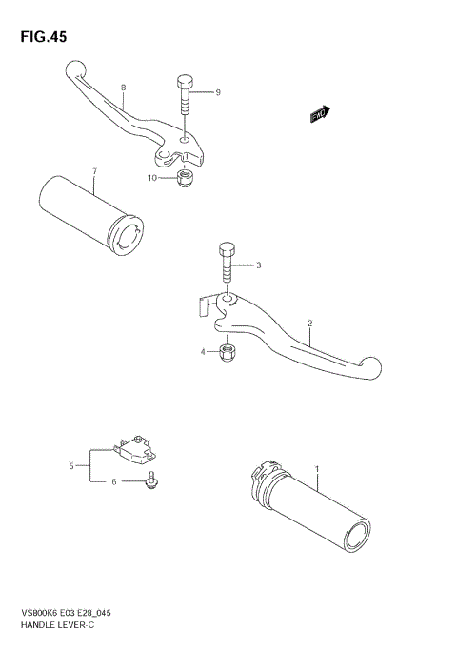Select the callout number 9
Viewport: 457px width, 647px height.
tap(218, 92)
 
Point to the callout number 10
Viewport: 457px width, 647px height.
tap(151, 178)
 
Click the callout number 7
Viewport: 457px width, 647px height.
tap(94, 171)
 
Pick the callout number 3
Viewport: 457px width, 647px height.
tap(257, 265)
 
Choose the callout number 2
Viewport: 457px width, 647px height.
tap(309, 323)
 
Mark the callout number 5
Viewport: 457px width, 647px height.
tap(70, 466)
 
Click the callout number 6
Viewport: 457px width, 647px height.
tap(114, 482)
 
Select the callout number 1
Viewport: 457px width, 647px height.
tap(317, 469)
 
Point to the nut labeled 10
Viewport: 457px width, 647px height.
tap(185, 178)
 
